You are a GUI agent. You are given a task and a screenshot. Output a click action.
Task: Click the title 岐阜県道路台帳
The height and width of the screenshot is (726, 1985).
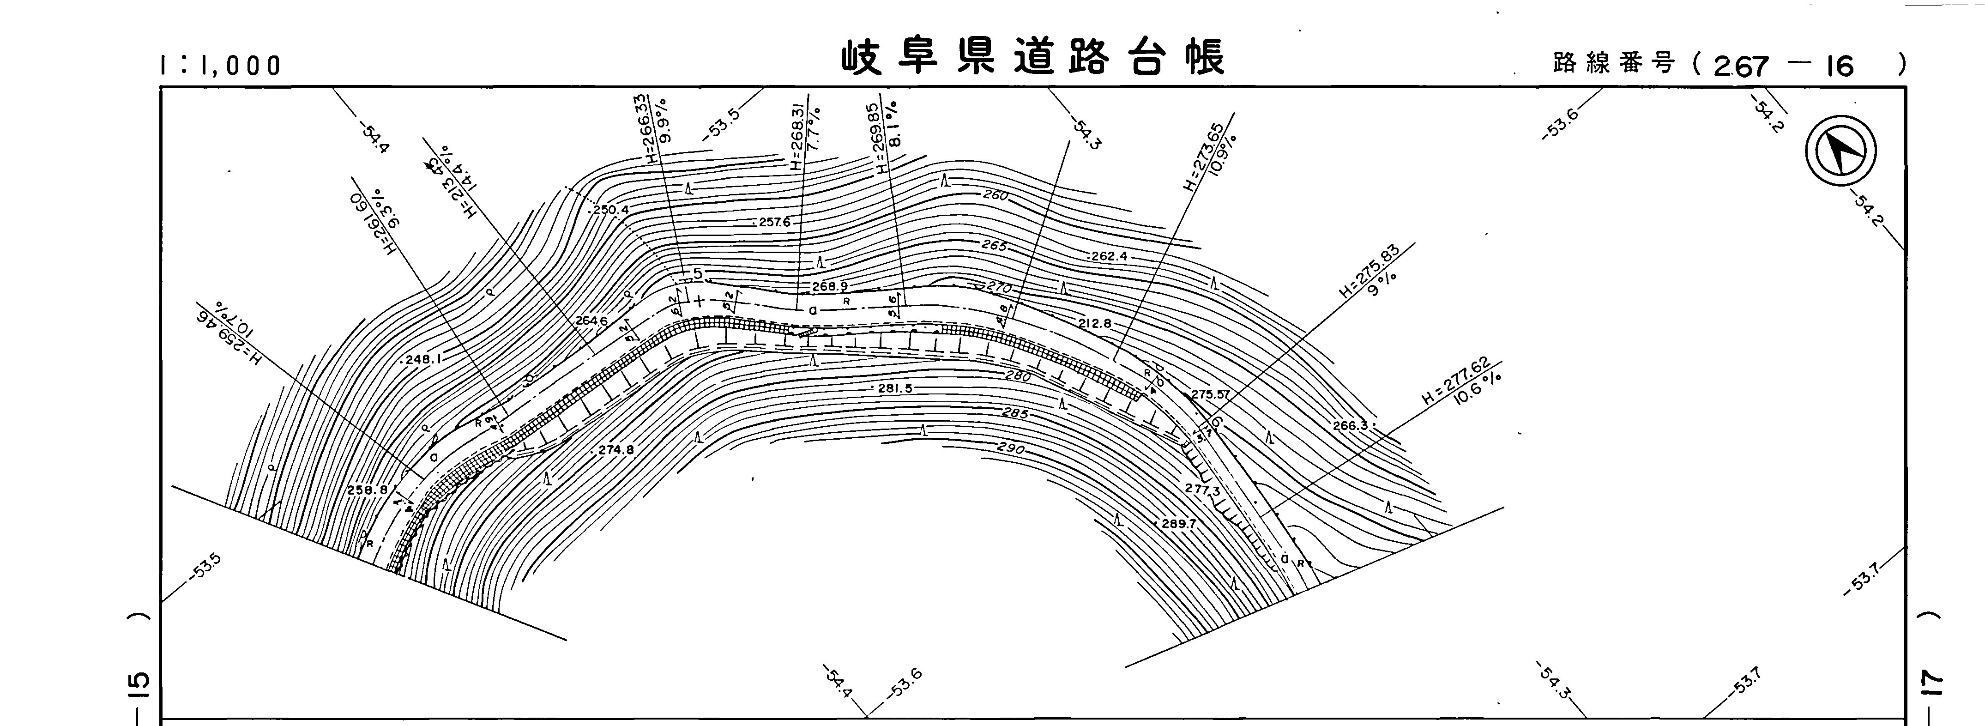point(1032,58)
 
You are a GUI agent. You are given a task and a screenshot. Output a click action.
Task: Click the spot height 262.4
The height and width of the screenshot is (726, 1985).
point(1109,256)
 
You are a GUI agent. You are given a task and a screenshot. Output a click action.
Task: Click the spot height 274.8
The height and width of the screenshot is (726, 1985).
point(615,449)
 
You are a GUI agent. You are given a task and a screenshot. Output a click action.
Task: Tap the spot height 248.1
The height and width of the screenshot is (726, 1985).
point(421,359)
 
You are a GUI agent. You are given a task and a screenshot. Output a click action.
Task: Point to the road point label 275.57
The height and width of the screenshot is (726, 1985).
point(1211,394)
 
